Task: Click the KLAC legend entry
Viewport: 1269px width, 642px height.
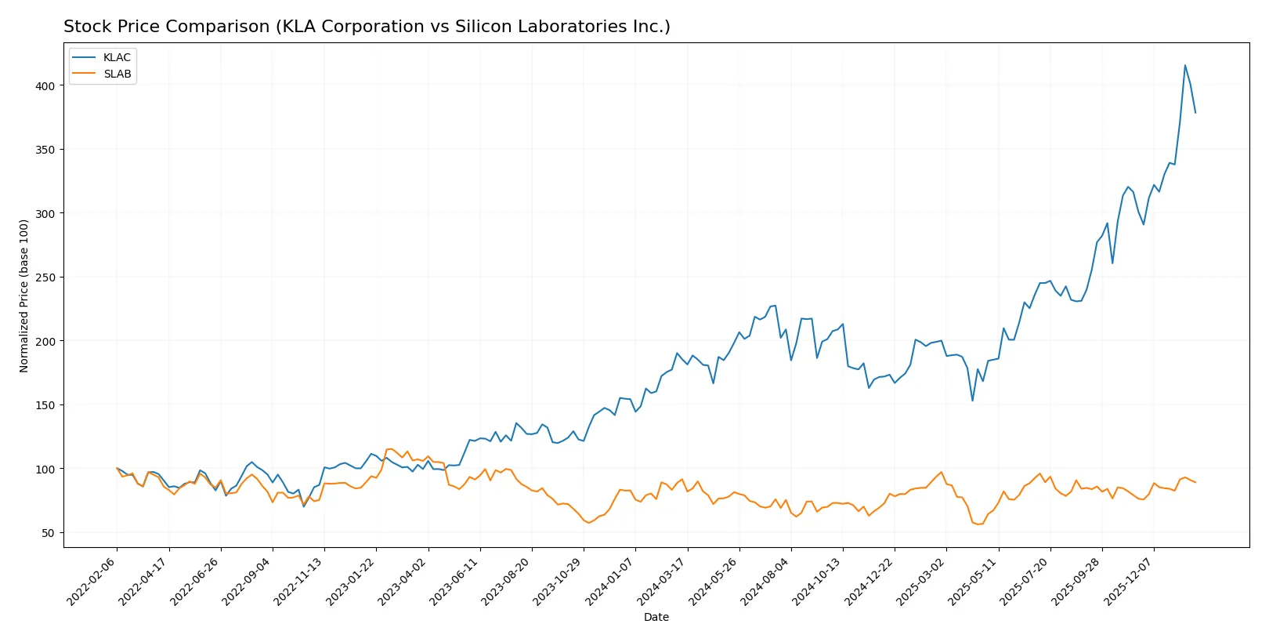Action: click(x=116, y=58)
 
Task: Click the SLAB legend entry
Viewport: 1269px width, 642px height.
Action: click(x=117, y=74)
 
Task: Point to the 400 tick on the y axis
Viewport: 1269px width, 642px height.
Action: click(x=45, y=86)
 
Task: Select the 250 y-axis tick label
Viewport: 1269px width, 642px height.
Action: click(x=45, y=277)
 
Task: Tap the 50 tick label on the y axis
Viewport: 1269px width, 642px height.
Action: click(x=48, y=533)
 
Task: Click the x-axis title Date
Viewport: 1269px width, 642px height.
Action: click(x=656, y=618)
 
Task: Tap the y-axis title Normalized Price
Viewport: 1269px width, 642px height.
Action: click(x=24, y=296)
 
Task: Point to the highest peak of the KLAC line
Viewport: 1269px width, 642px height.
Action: click(x=1184, y=65)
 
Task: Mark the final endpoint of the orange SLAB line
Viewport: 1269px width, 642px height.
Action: click(x=1195, y=482)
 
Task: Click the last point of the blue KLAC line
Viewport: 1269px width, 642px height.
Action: click(x=1195, y=113)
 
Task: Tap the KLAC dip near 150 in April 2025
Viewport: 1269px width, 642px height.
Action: click(x=972, y=401)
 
